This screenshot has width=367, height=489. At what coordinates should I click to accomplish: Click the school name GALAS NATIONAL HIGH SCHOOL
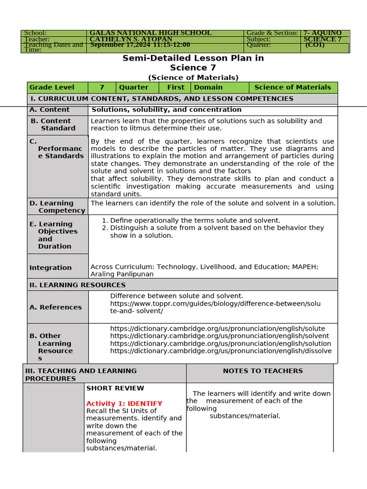pyautogui.click(x=151, y=33)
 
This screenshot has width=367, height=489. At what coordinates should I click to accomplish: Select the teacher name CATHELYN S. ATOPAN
pyautogui.click(x=131, y=39)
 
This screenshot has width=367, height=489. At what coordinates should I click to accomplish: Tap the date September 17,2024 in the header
pyautogui.click(x=119, y=45)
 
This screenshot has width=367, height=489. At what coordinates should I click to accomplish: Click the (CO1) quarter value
pyautogui.click(x=315, y=45)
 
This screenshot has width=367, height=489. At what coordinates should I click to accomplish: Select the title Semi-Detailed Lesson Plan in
pyautogui.click(x=193, y=58)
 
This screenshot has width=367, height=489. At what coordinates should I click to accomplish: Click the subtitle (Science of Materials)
pyautogui.click(x=193, y=77)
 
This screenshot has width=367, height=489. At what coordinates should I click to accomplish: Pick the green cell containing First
pyautogui.click(x=175, y=87)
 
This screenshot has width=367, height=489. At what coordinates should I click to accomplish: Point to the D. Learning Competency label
pyautogui.click(x=57, y=207)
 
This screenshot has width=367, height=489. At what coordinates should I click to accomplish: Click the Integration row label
pyautogui.click(x=50, y=268)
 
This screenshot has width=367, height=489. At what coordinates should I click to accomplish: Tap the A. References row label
pyautogui.click(x=55, y=307)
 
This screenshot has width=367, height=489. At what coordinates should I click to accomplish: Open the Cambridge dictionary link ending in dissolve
pyautogui.click(x=220, y=351)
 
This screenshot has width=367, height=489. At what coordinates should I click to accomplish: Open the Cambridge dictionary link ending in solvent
pyautogui.click(x=219, y=336)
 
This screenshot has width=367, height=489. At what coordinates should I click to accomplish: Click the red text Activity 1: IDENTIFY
pyautogui.click(x=124, y=404)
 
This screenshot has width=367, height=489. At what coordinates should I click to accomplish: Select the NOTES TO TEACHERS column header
pyautogui.click(x=262, y=371)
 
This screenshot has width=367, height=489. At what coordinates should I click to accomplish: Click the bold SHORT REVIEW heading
pyautogui.click(x=115, y=388)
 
